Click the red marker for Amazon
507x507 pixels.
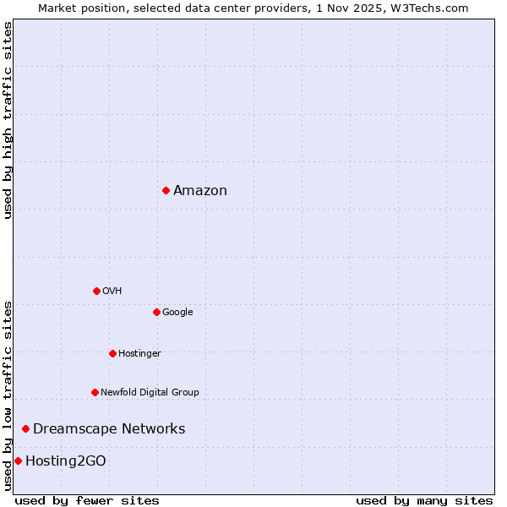point(166,190)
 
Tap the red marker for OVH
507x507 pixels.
point(96,291)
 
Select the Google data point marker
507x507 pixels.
point(156,312)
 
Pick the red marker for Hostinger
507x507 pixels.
point(112,353)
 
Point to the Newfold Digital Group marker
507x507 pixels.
point(95,392)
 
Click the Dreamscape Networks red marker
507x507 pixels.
point(25,429)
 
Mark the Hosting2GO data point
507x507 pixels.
point(18,461)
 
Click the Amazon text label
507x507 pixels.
point(200,191)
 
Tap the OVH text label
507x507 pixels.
point(112,291)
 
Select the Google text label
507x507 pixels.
point(177,312)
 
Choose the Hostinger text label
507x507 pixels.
point(139,353)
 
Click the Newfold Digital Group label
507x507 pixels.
point(150,392)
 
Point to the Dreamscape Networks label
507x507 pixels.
point(109,429)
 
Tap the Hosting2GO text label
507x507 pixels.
point(66,461)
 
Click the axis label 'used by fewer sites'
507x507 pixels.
point(87,500)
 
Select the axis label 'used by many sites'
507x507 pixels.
point(424,500)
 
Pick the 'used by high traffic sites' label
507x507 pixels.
point(8,120)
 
